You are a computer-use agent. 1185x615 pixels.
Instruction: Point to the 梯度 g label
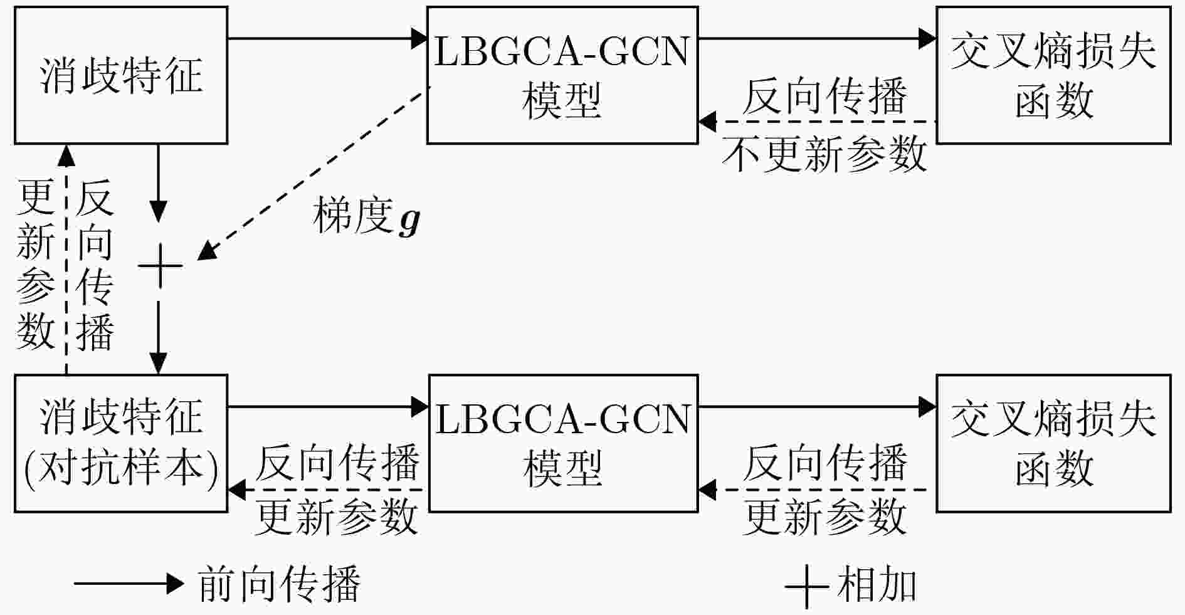(367, 216)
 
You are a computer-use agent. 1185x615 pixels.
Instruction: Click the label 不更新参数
(824, 154)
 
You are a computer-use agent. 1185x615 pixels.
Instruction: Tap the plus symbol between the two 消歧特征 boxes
(161, 266)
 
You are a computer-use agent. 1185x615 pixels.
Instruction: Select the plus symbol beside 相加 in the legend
(806, 586)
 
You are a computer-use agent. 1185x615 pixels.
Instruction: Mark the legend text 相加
(877, 584)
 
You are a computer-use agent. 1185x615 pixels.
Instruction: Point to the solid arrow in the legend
(129, 584)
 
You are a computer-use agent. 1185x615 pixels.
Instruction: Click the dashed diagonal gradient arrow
(313, 173)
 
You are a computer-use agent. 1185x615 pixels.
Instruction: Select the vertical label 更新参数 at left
(35, 264)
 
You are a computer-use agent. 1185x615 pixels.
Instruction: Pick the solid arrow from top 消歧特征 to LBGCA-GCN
(327, 39)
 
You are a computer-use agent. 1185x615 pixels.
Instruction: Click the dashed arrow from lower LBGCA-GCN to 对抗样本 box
(328, 490)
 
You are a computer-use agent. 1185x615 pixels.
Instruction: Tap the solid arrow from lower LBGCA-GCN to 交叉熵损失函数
(818, 407)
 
